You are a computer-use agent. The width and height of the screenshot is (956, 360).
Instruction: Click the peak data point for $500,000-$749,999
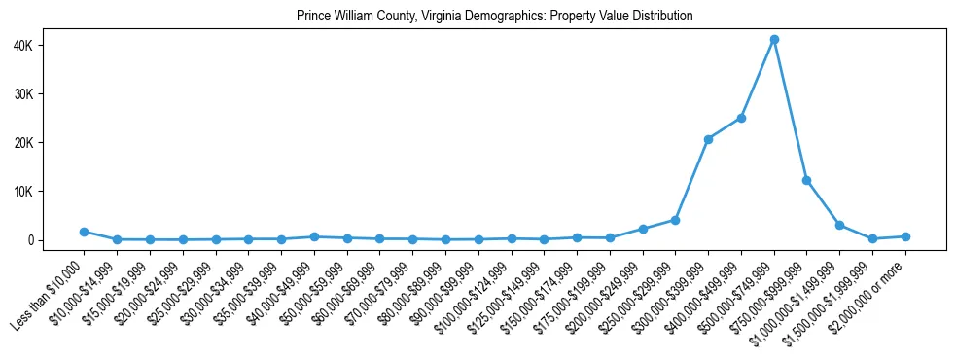tap(774, 40)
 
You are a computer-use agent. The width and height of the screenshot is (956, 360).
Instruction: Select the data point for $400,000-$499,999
tap(741, 118)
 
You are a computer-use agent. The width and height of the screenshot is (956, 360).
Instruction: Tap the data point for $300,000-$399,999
tap(708, 139)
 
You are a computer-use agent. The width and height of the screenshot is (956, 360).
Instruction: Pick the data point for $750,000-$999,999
tap(807, 180)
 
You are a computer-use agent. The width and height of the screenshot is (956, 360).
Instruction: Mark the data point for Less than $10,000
tap(84, 232)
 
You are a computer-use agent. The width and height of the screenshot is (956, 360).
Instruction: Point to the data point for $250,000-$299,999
tap(675, 220)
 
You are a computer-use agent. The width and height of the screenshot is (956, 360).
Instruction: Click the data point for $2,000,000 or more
tap(905, 236)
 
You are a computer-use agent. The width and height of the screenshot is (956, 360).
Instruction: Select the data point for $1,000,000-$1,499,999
tap(839, 225)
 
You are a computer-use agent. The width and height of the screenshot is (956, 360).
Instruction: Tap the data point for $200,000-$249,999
tap(643, 229)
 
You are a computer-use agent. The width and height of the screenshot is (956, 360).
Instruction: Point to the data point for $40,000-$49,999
tap(314, 236)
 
